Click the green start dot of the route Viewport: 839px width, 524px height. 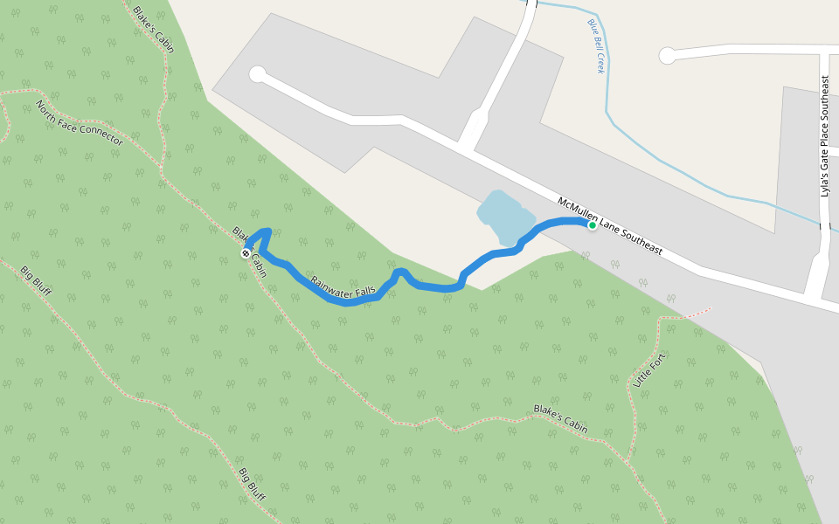point(592,225)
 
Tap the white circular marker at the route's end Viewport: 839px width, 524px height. point(246,253)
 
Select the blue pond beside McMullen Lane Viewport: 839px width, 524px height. point(505,217)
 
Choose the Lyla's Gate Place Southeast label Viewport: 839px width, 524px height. point(824,136)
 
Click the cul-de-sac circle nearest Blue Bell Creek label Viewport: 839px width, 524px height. point(667,56)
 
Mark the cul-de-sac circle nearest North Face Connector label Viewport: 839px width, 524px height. point(257,74)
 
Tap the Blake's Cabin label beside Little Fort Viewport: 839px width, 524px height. point(560,419)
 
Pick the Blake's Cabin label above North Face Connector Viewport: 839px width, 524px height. point(153,29)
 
